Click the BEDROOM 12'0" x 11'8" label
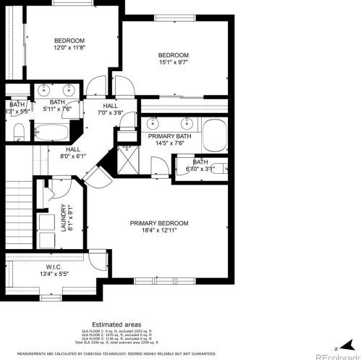[69, 43]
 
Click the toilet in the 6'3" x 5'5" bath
[20, 132]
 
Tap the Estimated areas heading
[116, 325]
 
